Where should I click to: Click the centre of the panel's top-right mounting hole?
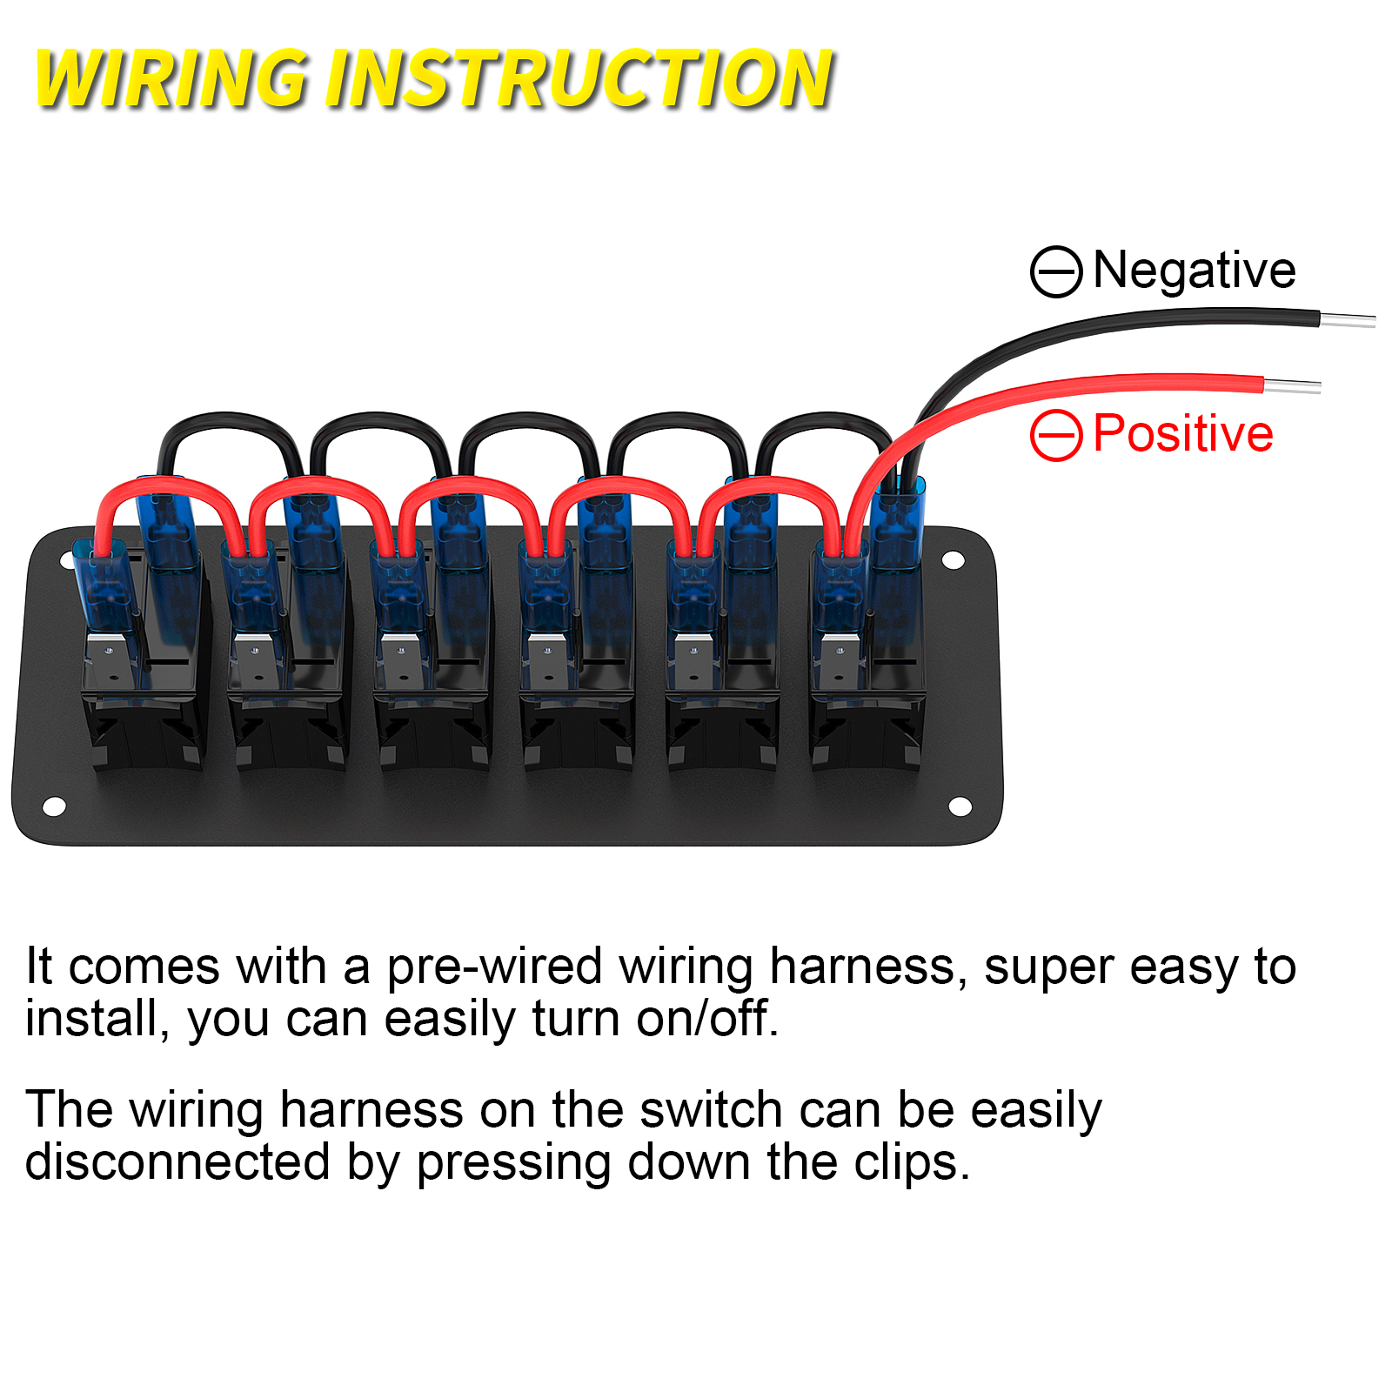click(953, 559)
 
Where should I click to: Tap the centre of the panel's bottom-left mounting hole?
click(54, 806)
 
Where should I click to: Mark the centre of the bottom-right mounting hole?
click(960, 806)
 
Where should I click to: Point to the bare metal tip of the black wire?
click(1348, 320)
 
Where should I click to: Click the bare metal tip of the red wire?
click(1292, 385)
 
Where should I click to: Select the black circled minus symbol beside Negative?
click(1056, 271)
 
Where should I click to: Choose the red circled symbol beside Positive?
click(1056, 434)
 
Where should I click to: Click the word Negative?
click(1194, 270)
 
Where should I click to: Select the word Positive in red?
click(1182, 433)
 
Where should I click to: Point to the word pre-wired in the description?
click(494, 967)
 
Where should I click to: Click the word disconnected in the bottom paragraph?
click(177, 1161)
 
